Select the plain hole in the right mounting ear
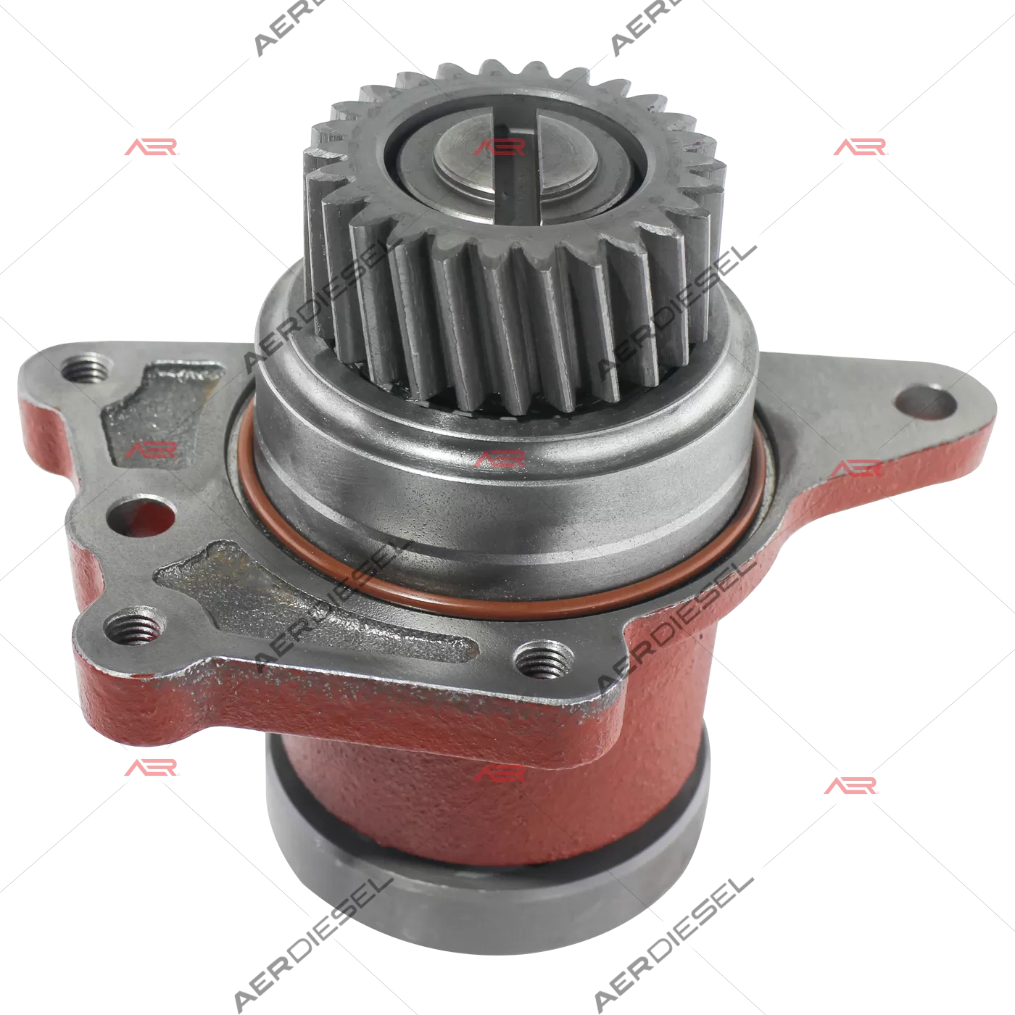coord(925,402)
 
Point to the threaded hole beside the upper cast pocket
coord(86,369)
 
